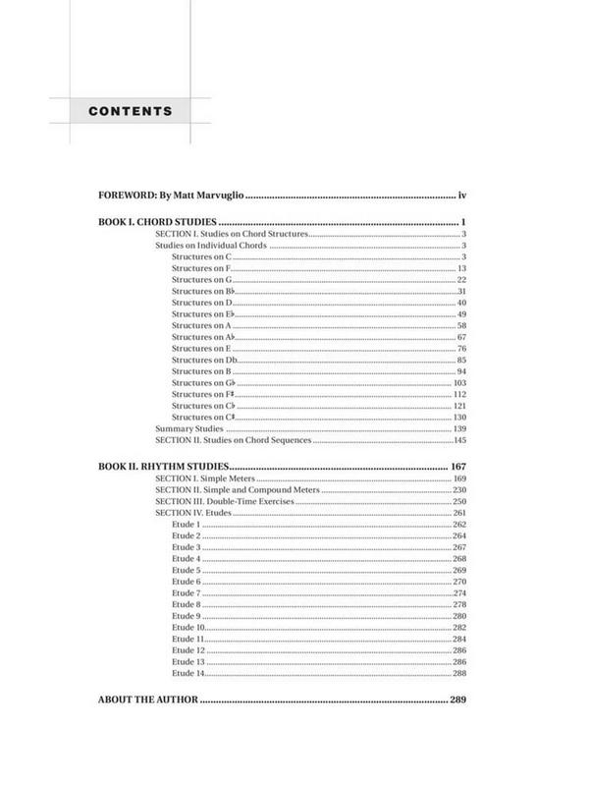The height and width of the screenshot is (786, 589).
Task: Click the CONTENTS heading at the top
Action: coord(130,110)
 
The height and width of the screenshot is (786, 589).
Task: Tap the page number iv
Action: coord(459,196)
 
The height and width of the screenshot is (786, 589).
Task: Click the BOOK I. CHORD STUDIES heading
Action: coord(157,222)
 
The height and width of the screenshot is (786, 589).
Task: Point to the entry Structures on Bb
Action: coord(202,292)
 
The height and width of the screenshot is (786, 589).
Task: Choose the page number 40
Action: coord(460,303)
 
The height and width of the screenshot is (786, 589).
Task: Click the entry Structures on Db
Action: coord(203,361)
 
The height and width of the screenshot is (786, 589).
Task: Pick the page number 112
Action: coord(458,395)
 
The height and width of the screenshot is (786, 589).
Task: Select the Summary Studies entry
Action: coord(188,429)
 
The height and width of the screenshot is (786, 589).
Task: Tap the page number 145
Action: coord(458,441)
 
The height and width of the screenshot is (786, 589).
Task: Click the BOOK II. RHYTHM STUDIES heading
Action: coord(164,466)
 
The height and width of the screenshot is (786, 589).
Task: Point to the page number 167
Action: coord(456,466)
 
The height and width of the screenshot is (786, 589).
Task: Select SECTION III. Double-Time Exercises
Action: coord(225,502)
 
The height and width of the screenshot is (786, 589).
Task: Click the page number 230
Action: coord(458,490)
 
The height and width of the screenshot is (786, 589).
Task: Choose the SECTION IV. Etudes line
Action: coord(195,514)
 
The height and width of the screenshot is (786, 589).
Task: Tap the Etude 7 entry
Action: coord(186,593)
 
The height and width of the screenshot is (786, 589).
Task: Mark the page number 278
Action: coord(458,604)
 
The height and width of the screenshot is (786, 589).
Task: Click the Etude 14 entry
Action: coord(187,673)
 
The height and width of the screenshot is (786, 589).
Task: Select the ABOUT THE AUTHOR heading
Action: coord(148,701)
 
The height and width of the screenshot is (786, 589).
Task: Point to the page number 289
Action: coord(456,701)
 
